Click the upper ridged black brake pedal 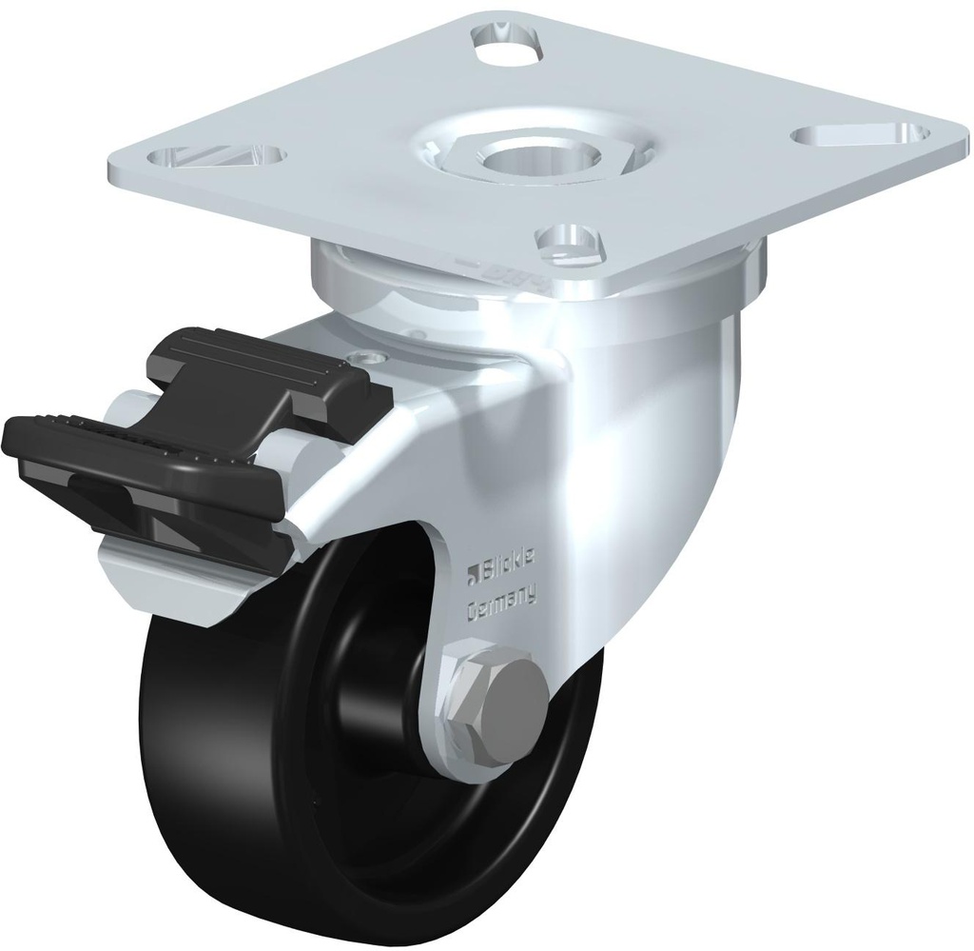coord(257,371)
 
